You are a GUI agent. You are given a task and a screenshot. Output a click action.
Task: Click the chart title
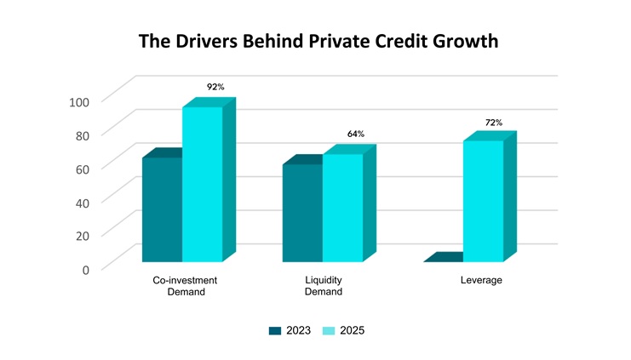(316, 42)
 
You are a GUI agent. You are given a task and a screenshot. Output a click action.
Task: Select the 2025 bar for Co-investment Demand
(203, 183)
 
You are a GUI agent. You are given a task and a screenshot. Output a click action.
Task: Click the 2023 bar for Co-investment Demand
(162, 209)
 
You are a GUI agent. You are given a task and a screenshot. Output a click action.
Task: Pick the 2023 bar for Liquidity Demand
(302, 212)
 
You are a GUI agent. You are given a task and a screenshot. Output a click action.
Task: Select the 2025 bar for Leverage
(483, 200)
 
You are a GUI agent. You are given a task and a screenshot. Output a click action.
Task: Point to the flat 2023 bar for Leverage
(443, 258)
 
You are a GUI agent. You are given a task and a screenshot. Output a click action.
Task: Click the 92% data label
(215, 87)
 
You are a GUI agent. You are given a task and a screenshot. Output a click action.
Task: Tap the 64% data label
(355, 134)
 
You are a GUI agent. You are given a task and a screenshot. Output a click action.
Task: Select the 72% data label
(494, 123)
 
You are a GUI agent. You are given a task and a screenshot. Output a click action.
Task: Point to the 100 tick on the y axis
(78, 102)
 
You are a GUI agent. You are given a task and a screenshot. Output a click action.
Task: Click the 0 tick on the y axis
(84, 270)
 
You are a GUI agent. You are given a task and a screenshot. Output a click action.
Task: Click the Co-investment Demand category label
(185, 286)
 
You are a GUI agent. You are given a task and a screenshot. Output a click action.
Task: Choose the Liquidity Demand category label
(324, 286)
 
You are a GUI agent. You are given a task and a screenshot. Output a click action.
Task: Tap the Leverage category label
(481, 280)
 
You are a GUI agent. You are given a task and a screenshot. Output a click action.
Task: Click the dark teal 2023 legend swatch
(274, 331)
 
